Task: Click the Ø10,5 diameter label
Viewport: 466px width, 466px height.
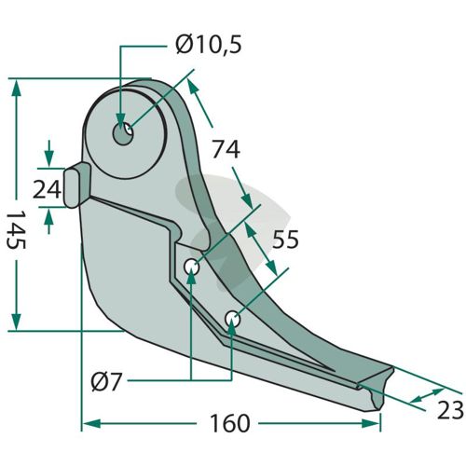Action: tap(208, 46)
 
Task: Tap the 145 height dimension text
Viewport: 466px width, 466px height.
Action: tap(16, 229)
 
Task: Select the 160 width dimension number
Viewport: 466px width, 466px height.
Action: tap(229, 423)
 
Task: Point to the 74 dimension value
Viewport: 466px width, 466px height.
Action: tap(226, 149)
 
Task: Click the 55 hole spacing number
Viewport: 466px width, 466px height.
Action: tap(285, 240)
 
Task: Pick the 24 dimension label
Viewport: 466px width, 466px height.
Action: tap(47, 190)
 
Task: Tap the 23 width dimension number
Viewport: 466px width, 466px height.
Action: tap(450, 410)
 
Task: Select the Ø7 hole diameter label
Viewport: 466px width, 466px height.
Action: tap(105, 382)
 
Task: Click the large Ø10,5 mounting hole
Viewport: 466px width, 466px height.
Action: tap(123, 133)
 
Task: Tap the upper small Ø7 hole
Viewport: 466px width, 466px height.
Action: tap(191, 267)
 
